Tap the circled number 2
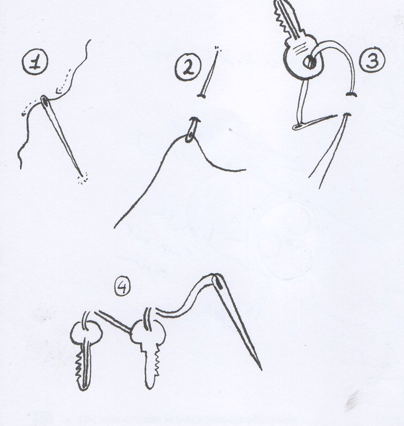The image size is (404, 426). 188,67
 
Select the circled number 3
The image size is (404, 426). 372,60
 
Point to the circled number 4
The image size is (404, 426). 123,288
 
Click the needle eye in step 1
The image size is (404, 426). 45,102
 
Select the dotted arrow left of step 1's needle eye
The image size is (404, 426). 29,108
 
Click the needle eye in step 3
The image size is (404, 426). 298,126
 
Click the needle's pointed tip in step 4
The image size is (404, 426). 261,369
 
